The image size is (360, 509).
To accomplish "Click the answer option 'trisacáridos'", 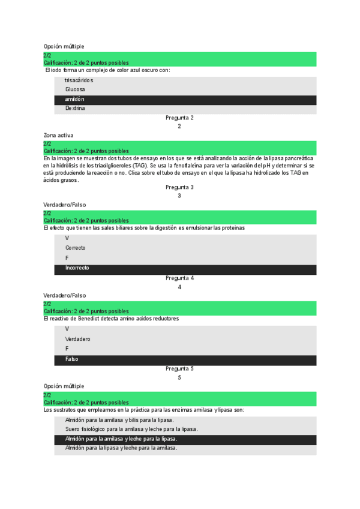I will (79, 80).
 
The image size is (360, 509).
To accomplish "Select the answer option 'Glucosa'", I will (75, 89).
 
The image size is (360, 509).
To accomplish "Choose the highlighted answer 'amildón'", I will (75, 99).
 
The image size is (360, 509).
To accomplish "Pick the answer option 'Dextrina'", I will (75, 109).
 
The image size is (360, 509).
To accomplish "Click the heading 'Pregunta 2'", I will (179, 118).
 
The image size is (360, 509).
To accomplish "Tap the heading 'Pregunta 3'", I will (179, 187).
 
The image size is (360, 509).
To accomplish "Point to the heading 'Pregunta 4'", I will (179, 278).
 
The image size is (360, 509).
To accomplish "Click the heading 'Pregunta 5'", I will (179, 369).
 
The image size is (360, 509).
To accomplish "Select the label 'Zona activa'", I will (58, 136).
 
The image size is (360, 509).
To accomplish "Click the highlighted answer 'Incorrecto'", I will (77, 268).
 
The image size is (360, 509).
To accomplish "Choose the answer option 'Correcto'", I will (76, 248).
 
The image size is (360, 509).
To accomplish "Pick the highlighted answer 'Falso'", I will (71, 359).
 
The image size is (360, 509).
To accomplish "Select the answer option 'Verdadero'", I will (78, 339).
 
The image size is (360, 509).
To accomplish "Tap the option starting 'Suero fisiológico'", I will (131, 429).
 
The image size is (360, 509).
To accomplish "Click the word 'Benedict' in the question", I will (87, 319).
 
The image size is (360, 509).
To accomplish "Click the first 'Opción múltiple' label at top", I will (64, 46).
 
